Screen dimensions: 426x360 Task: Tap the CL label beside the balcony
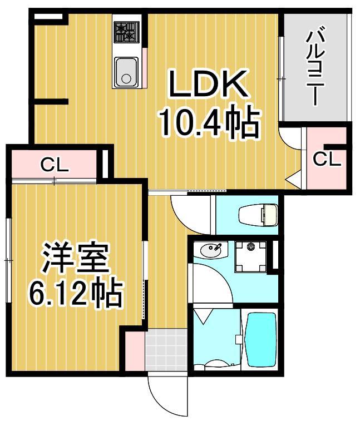coord(326,159)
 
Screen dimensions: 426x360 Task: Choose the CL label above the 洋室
coord(54,165)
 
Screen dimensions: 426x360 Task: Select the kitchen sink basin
coord(127,72)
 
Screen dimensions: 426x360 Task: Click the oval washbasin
coord(211,250)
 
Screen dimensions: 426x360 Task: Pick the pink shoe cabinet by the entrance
coord(134,350)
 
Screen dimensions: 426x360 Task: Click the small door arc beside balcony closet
coord(289,137)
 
